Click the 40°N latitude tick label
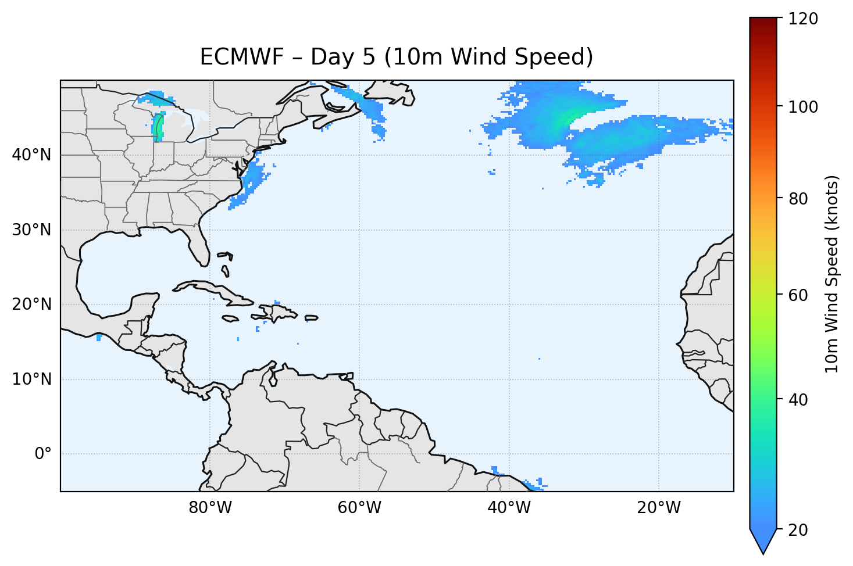pos(31,155)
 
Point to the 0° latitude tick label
pos(43,454)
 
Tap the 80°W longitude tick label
pos(210,508)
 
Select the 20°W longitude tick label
pos(659,508)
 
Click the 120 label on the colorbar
pos(803,19)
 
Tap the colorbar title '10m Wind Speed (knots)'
pos(832,274)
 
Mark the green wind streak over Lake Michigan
pos(158,127)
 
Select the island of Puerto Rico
pos(311,318)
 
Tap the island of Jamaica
pos(230,318)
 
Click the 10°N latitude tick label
pos(31,379)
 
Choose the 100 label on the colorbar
pos(803,108)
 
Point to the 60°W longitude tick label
pos(359,508)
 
